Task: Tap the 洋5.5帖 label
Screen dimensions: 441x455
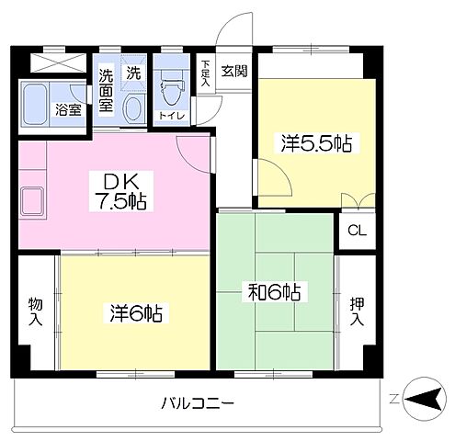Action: coord(317,143)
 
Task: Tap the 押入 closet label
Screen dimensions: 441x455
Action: coord(357,310)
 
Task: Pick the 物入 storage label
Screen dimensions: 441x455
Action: coord(36,310)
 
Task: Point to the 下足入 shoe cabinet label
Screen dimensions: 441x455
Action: coord(206,73)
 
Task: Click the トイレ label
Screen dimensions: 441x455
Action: coord(171,115)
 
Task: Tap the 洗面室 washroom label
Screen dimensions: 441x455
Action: coord(107,89)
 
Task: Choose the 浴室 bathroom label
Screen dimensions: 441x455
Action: coord(67,108)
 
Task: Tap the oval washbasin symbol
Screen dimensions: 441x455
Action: coord(132,107)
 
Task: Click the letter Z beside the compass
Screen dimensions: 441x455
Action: coord(393,398)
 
